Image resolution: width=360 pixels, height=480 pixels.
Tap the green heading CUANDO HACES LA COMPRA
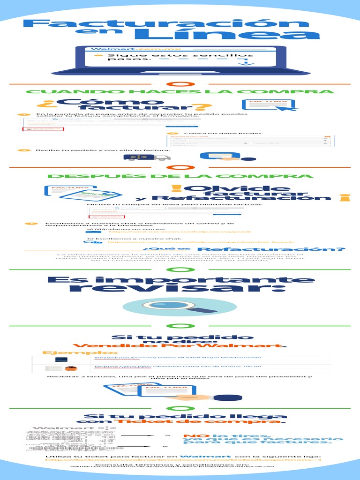[180, 92]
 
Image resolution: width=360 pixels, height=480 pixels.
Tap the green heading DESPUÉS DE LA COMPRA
[180, 176]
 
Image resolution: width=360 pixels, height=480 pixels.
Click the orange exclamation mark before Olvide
[176, 189]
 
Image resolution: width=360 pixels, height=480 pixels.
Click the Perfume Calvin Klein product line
[178, 366]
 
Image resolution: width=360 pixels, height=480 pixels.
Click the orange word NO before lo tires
[190, 436]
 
